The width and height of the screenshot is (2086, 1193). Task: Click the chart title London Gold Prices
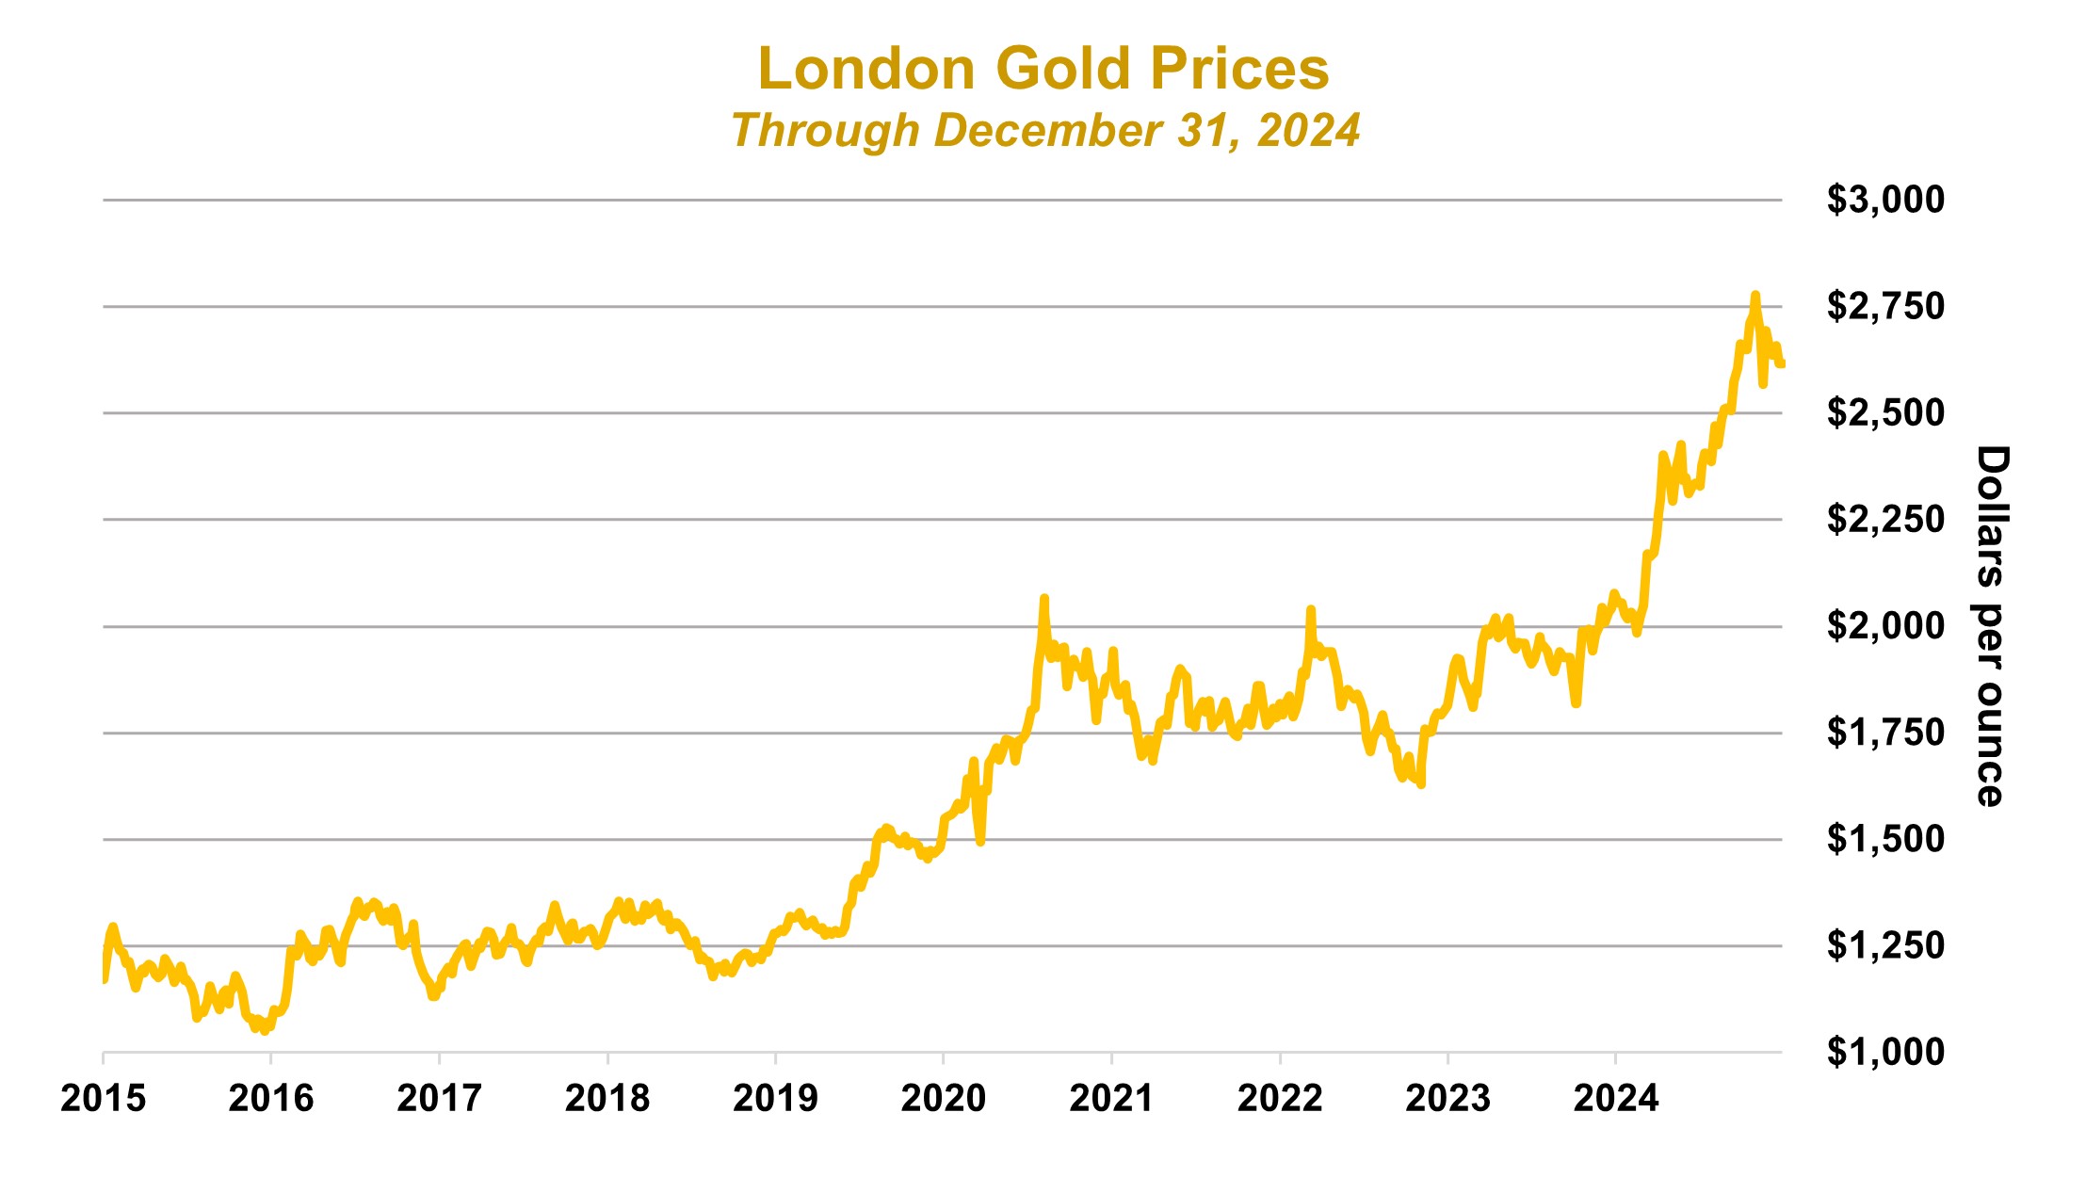pyautogui.click(x=1043, y=69)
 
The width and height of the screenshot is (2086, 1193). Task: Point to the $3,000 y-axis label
pyautogui.click(x=1885, y=200)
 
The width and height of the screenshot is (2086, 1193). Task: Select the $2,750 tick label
pyautogui.click(x=1885, y=306)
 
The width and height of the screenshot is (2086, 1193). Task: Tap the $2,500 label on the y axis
pyautogui.click(x=1885, y=412)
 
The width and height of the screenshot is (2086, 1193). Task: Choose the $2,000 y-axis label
pyautogui.click(x=1885, y=625)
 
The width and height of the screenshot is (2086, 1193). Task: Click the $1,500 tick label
pyautogui.click(x=1885, y=838)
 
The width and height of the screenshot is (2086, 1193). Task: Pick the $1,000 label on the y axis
pyautogui.click(x=1885, y=1051)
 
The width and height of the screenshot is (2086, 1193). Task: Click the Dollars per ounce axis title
pyautogui.click(x=1991, y=626)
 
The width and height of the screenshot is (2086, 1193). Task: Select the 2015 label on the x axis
pyautogui.click(x=103, y=1098)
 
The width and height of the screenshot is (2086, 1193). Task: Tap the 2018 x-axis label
pyautogui.click(x=607, y=1098)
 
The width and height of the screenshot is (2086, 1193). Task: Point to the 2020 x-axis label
pyautogui.click(x=943, y=1098)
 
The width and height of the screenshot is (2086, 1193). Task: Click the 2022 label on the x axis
pyautogui.click(x=1280, y=1098)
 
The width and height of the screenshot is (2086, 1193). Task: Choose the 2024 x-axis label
pyautogui.click(x=1616, y=1098)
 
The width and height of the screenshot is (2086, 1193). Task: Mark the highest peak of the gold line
pyautogui.click(x=1755, y=295)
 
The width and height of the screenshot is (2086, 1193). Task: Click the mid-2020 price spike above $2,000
pyautogui.click(x=1043, y=598)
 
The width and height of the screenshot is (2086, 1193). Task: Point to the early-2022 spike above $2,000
pyautogui.click(x=1310, y=610)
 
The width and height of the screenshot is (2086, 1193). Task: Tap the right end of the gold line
pyautogui.click(x=1782, y=364)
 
